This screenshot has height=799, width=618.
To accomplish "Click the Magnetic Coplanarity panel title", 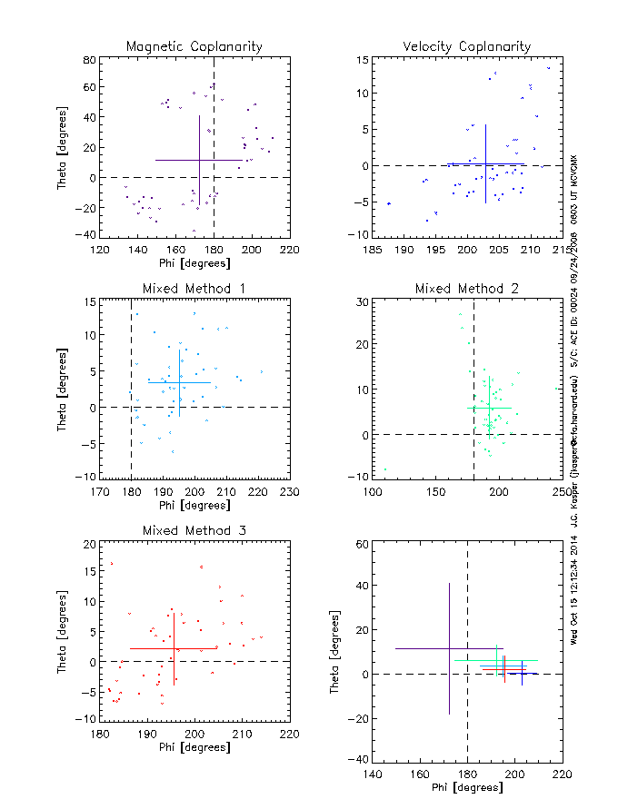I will tap(194, 46).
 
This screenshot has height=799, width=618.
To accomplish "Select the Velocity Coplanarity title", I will tap(467, 46).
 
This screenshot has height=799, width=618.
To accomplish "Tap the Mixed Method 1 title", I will tap(194, 289).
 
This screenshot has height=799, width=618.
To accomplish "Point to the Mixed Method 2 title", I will tap(467, 289).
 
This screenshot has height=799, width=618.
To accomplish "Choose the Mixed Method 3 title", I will tap(194, 530).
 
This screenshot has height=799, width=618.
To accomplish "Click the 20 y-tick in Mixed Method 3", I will tap(89, 544).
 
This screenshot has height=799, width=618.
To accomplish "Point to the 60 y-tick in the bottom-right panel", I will tap(362, 544).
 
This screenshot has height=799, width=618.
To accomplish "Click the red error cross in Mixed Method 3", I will tap(174, 648).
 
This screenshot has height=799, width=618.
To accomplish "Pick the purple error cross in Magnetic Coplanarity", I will tap(199, 160).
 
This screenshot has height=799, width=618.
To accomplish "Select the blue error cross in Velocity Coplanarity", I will tap(485, 164).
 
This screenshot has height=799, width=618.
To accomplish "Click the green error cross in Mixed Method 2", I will tap(490, 408).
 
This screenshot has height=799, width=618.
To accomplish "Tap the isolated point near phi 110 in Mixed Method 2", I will tap(385, 469).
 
